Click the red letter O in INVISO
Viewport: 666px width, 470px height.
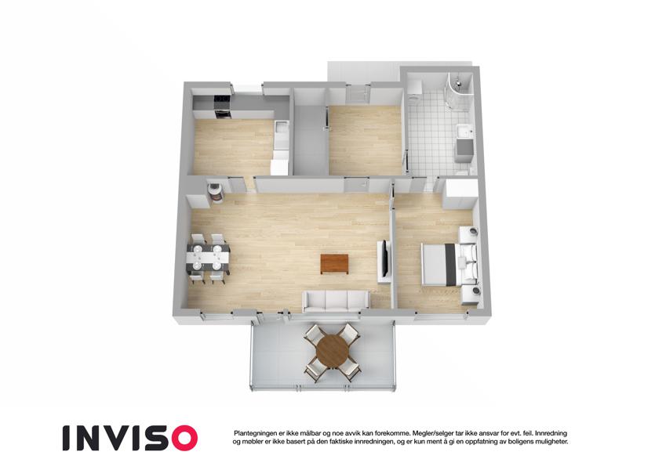(181, 438)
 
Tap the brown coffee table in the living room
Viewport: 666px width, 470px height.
(334, 263)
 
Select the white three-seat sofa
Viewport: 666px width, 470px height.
(336, 302)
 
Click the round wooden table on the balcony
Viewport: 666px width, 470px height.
(333, 351)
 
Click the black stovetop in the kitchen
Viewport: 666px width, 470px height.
(222, 103)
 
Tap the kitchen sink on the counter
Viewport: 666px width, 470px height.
(281, 128)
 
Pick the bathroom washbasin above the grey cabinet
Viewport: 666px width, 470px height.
(464, 131)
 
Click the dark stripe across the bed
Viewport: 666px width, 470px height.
(449, 264)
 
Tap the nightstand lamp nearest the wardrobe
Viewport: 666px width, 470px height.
(473, 232)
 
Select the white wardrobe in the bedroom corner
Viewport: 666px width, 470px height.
(460, 194)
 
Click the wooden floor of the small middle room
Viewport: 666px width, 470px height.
(366, 140)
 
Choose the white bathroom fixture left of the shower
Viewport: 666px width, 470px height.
(416, 88)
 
